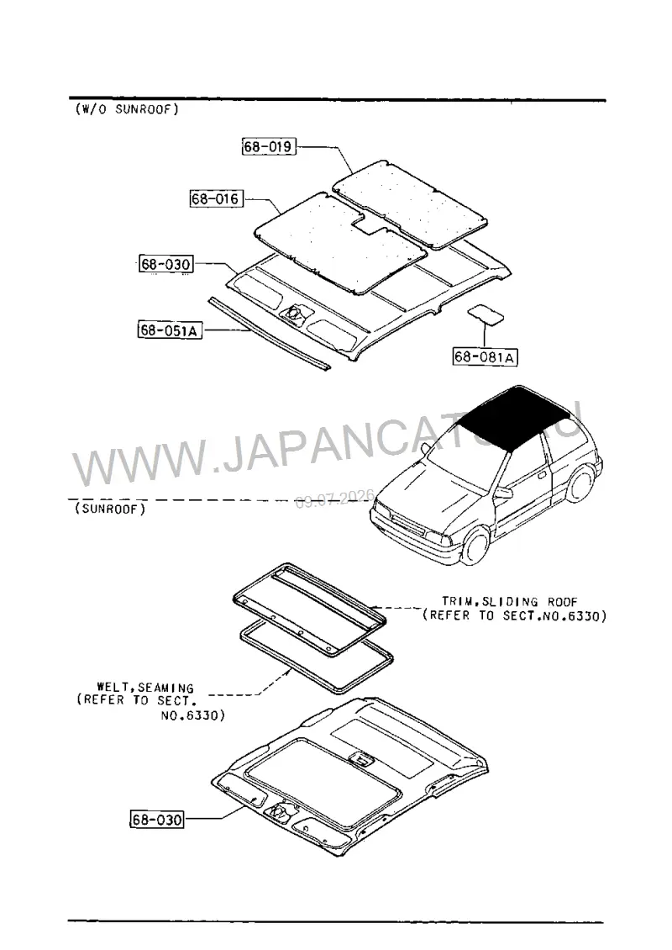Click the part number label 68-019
coord(269,146)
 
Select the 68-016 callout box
coord(216,198)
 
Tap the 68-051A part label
coord(170,330)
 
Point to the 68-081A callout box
coord(485,356)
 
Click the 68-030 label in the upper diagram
coord(165,264)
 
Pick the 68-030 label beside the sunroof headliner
coord(157,819)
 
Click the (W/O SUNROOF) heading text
coord(127,109)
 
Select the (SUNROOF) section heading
coord(110,509)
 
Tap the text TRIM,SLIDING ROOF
coord(509,602)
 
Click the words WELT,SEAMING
coord(145,688)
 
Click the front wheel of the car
coord(475,547)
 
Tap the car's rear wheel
coord(580,483)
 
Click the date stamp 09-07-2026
coord(335,499)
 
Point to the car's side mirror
coord(503,493)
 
